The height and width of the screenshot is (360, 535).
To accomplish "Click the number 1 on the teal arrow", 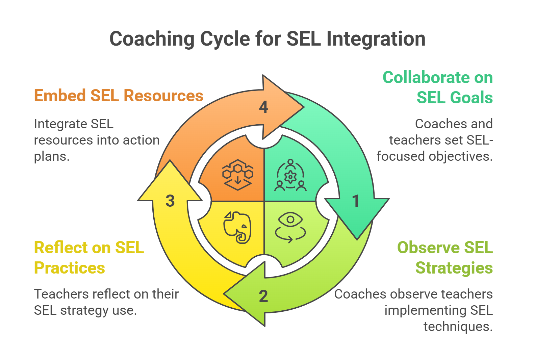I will coord(355,201).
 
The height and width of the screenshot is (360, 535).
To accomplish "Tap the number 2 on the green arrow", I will coord(263,296).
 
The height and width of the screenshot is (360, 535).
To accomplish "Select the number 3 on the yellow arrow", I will coord(170,201).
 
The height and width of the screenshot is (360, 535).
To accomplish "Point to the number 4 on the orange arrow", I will coord(263,107).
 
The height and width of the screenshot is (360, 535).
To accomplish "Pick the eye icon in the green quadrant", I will coord(290,227).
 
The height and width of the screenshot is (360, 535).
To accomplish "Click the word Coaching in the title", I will coord(152,39).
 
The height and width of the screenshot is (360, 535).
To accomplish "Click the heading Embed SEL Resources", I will coord(119,96).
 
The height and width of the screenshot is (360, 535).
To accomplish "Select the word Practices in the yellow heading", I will coord(70,268).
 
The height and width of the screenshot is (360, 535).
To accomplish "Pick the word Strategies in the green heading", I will coord(454,268).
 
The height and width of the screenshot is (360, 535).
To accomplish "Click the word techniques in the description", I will coord(458,327).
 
